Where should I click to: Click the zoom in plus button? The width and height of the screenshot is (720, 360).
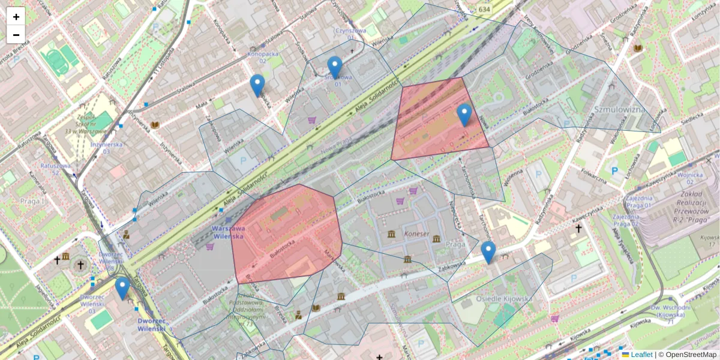click(x=16, y=17)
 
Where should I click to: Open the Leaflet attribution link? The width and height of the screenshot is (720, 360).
click(x=641, y=355)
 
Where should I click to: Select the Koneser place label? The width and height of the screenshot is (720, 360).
click(x=417, y=234)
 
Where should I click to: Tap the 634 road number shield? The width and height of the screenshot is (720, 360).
click(x=484, y=9)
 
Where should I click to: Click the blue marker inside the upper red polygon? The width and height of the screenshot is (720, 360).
click(x=464, y=114)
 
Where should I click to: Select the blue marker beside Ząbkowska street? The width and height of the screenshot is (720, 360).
click(x=488, y=251)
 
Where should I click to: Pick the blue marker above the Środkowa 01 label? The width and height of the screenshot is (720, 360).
click(x=335, y=67)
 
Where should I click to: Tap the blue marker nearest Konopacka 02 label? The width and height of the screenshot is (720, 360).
click(x=257, y=85)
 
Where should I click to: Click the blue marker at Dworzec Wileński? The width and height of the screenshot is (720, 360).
click(x=122, y=287)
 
